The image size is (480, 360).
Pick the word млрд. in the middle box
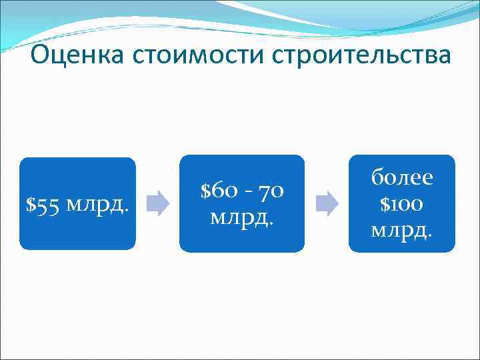(x=241, y=217)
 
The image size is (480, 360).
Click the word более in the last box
(x=402, y=177)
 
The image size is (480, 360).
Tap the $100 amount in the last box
(x=402, y=203)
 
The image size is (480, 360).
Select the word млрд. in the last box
(x=402, y=230)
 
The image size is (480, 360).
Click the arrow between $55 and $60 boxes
(x=157, y=203)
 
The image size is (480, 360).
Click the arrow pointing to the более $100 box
(x=327, y=203)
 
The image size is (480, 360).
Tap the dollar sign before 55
(x=30, y=204)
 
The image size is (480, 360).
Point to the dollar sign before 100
(x=385, y=203)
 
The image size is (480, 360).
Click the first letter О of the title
(x=41, y=55)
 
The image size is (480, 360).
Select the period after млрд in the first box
(x=126, y=209)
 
